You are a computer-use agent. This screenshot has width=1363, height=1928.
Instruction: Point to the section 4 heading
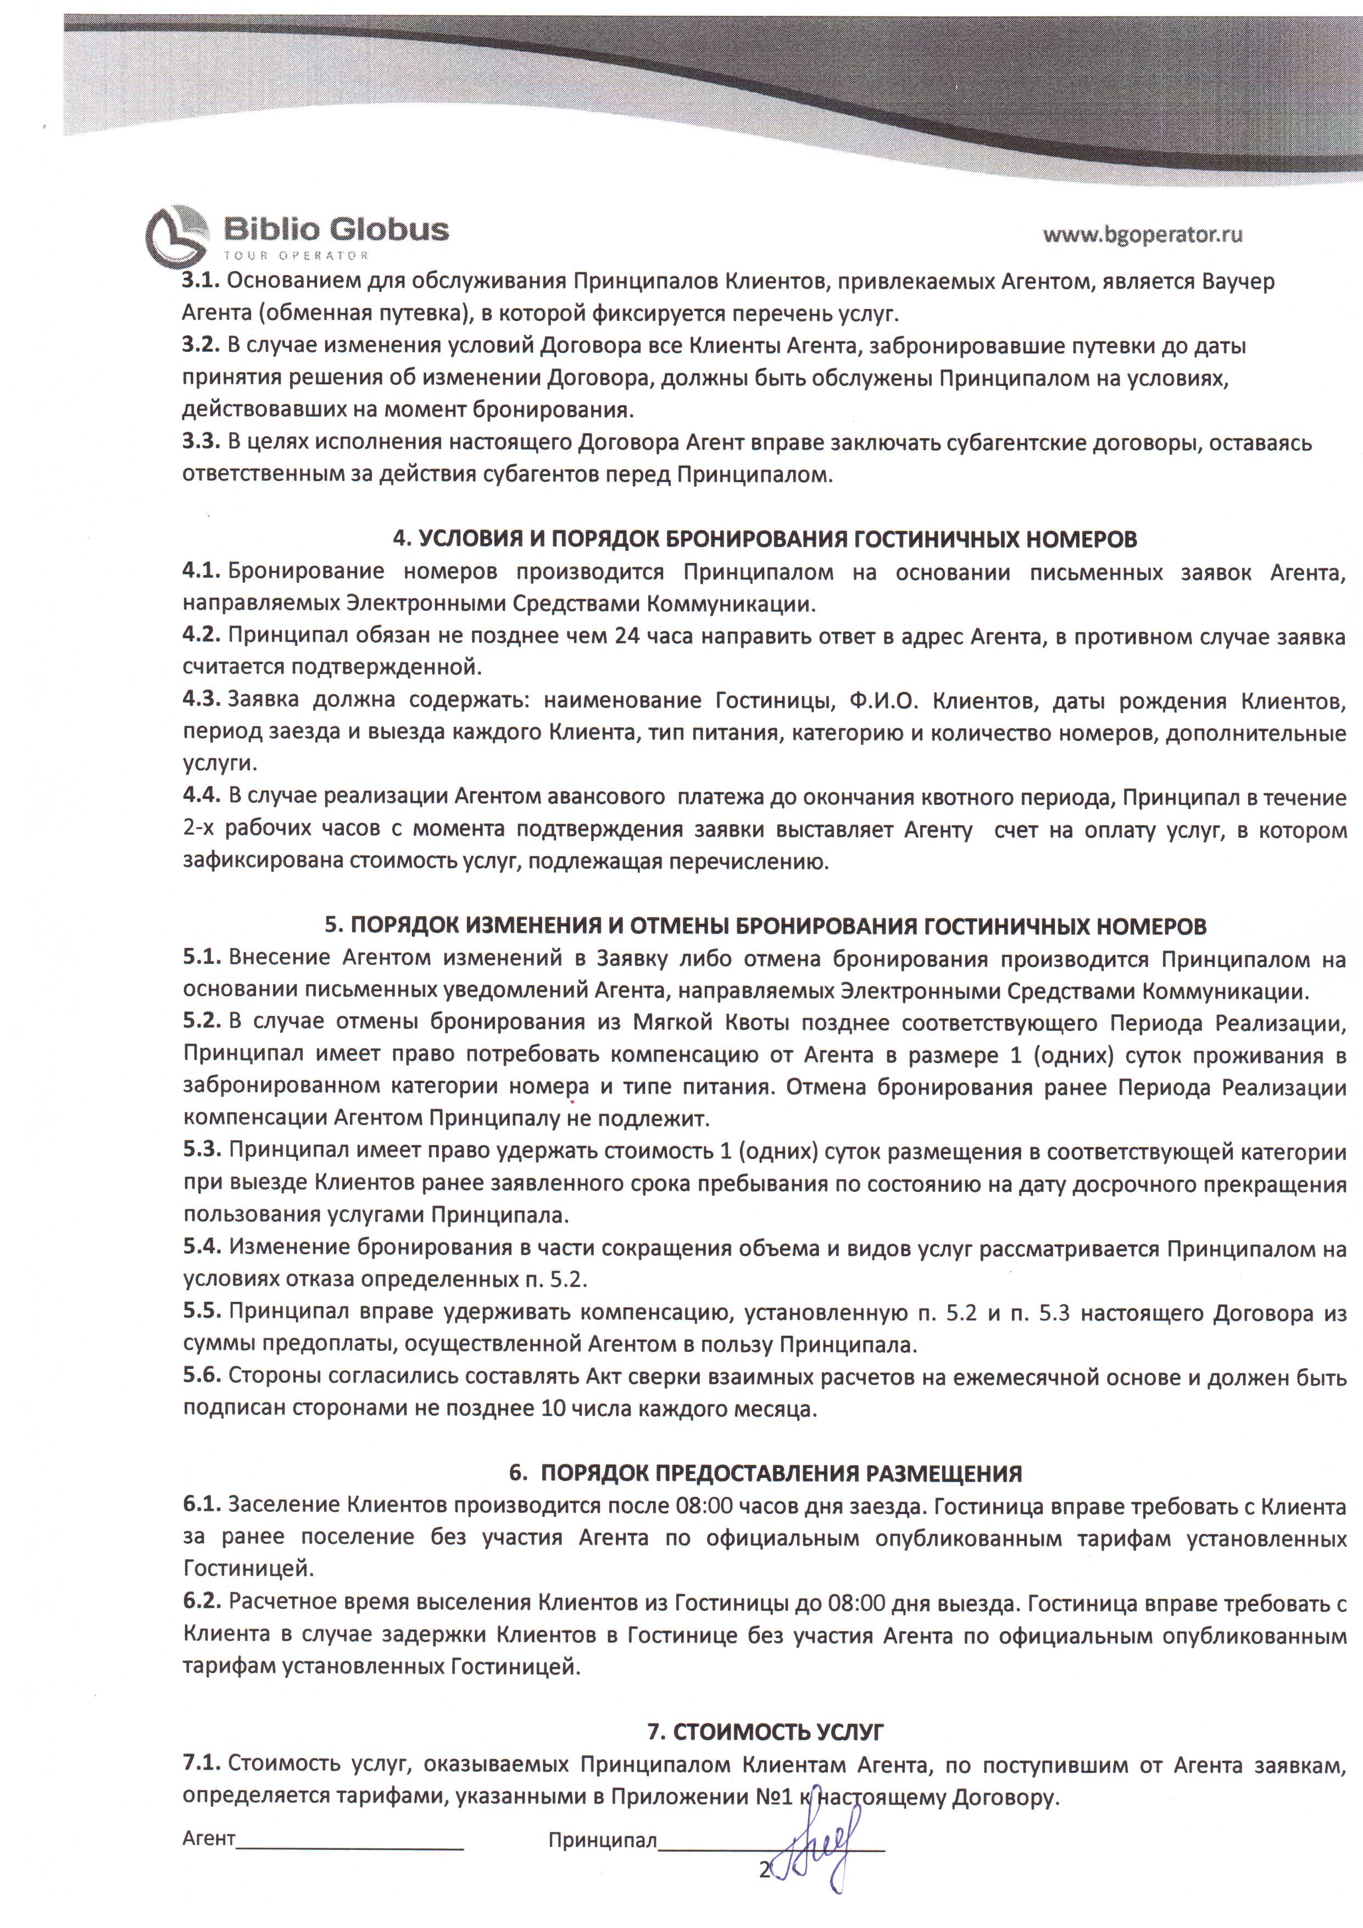coord(765,539)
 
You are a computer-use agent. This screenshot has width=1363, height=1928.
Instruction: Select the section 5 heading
coord(765,926)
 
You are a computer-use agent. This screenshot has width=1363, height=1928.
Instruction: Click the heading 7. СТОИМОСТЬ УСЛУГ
coord(765,1732)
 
